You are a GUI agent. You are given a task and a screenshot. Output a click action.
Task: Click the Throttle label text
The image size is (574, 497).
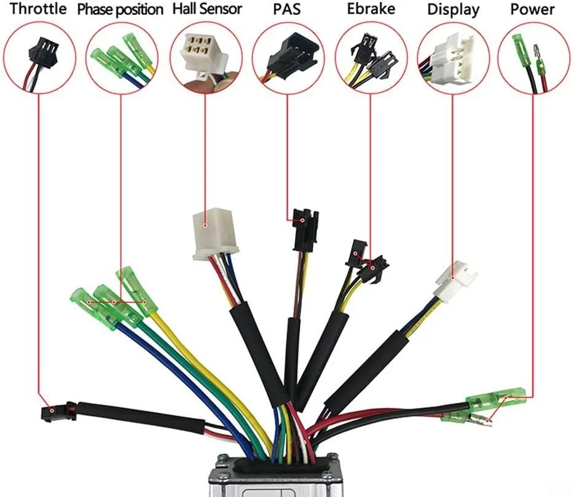click(37, 9)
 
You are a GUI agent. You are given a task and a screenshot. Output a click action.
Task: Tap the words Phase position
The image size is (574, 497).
click(120, 10)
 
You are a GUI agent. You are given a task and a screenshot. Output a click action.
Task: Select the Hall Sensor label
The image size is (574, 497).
click(207, 9)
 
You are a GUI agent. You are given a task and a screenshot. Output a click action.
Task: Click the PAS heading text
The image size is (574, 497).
click(287, 9)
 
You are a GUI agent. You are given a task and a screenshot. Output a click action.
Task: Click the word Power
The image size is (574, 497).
click(532, 9)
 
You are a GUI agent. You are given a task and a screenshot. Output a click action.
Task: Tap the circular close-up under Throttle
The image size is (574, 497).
click(39, 57)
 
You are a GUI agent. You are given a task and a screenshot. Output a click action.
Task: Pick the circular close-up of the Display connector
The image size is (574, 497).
click(452, 57)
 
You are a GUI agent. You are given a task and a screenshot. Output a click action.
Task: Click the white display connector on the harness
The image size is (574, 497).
click(455, 280)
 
